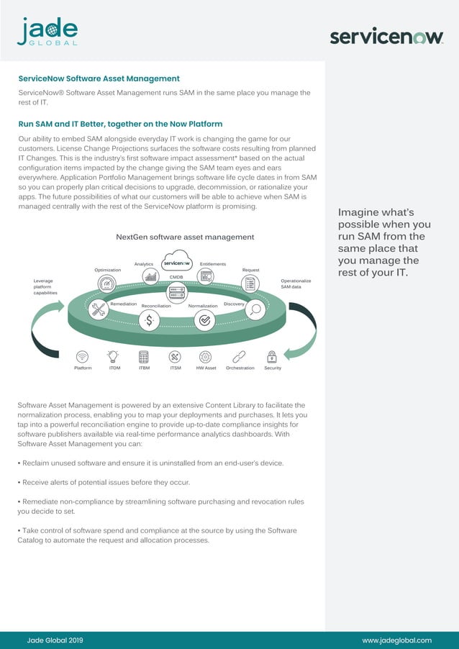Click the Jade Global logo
pos(47,32)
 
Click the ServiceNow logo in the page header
pos(386,37)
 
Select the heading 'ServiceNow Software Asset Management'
pos(99,78)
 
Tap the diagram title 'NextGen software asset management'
pos(185,237)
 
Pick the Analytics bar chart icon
pos(150,276)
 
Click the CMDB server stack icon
pos(176,291)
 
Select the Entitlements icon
pos(206,276)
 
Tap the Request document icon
pos(250,283)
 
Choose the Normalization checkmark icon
pos(204,321)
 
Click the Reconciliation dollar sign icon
pos(149,321)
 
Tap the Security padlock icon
pos(272,356)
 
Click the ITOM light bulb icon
pos(113,356)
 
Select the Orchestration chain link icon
pos(240,356)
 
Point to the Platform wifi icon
pos(82,356)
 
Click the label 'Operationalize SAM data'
pos(295,283)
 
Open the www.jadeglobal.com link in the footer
pos(396,640)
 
